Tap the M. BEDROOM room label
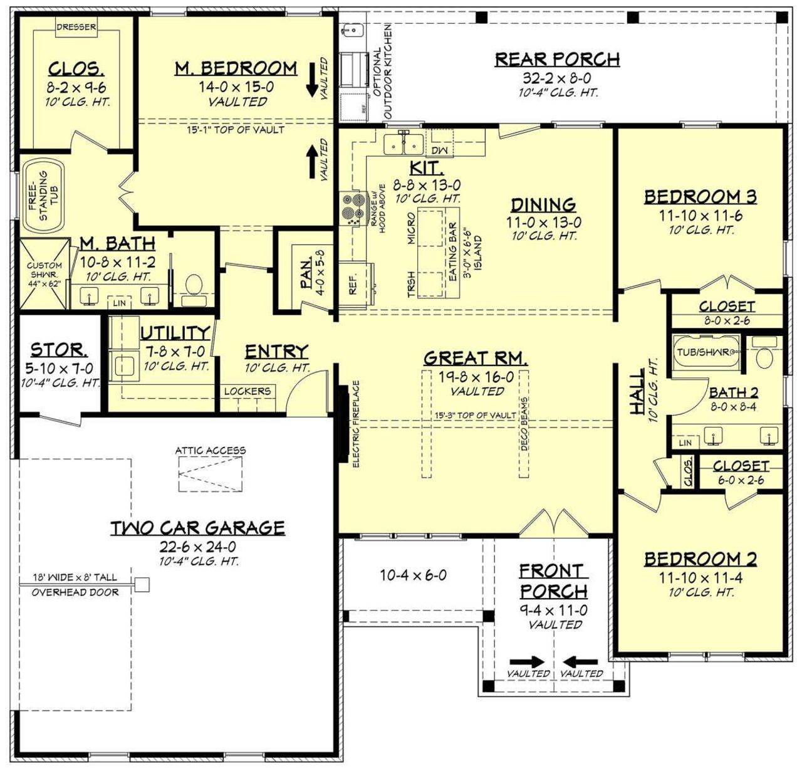click(236, 68)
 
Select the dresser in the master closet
click(76, 28)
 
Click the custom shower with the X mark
click(44, 274)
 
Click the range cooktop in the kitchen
click(351, 208)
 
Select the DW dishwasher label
click(438, 150)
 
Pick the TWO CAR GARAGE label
click(198, 528)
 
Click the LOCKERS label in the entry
click(247, 391)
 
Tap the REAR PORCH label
click(557, 60)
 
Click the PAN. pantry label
click(307, 275)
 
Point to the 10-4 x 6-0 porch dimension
click(413, 575)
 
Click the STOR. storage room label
click(59, 350)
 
